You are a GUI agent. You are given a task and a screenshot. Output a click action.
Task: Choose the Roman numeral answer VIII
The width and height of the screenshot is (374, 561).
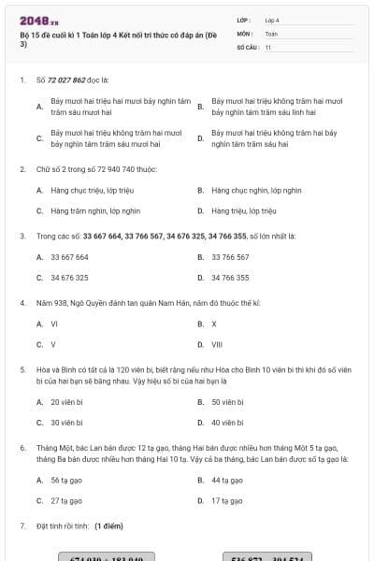(217, 344)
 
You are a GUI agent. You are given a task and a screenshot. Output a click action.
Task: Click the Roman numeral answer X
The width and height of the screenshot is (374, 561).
(214, 324)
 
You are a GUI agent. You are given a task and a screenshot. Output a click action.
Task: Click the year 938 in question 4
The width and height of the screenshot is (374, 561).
(55, 303)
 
